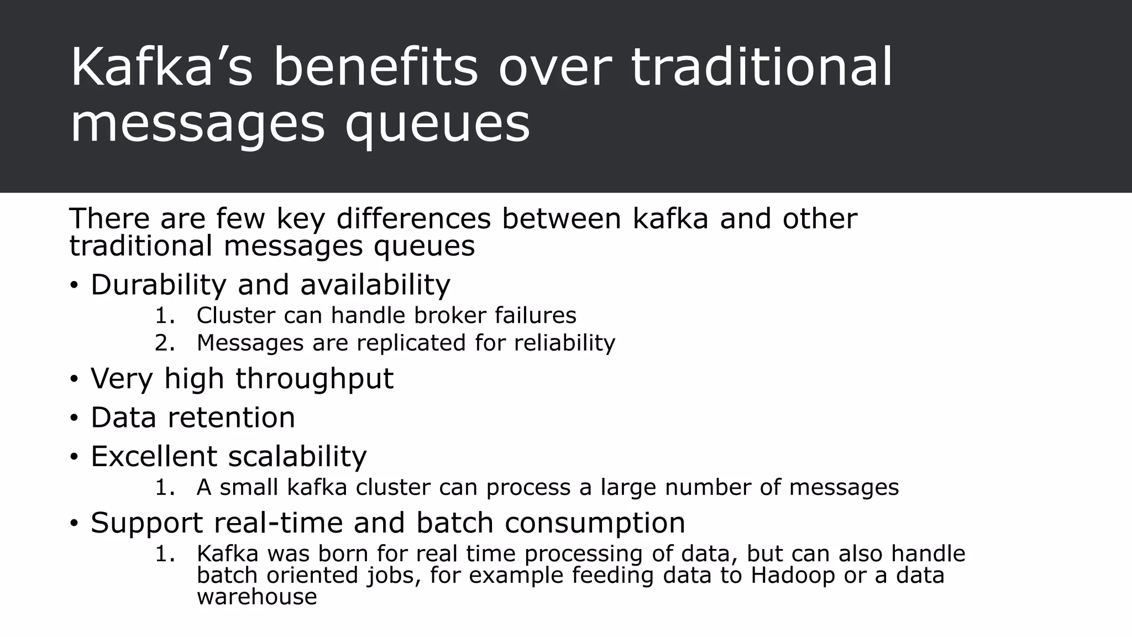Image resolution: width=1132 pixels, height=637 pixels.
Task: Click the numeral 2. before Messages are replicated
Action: [x=164, y=343]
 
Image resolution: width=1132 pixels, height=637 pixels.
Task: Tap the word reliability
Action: [x=564, y=343]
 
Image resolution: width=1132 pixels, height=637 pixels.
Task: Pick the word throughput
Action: [x=315, y=379]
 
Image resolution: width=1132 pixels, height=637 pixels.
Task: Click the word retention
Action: [x=232, y=417]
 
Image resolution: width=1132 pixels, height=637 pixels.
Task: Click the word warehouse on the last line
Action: [x=256, y=597]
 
